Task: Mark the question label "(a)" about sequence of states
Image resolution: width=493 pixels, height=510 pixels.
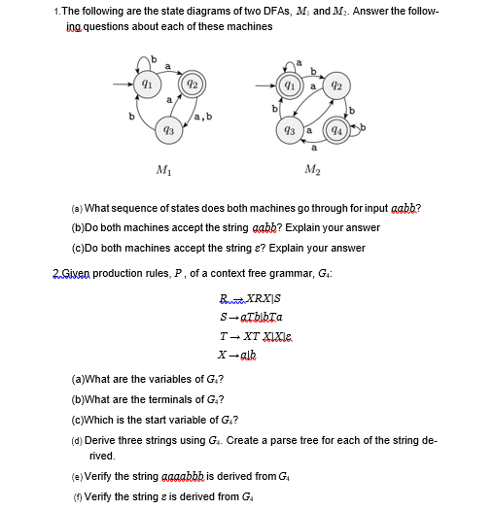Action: click(77, 209)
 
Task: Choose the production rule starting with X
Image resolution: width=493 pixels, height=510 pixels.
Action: click(242, 350)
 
